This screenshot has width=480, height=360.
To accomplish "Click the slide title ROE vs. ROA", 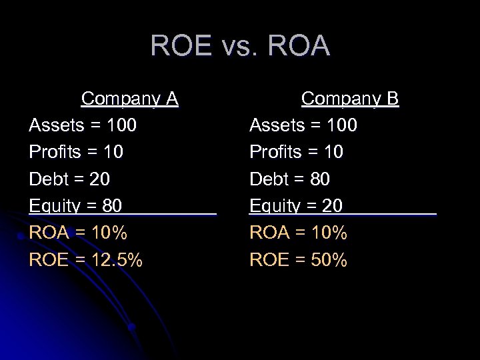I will click(x=240, y=46).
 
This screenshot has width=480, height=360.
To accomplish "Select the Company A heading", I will click(x=129, y=99).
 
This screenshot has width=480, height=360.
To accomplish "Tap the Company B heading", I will click(x=349, y=99).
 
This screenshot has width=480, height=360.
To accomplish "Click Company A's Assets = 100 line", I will click(x=83, y=125).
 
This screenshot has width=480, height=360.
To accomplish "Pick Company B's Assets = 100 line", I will click(x=303, y=125).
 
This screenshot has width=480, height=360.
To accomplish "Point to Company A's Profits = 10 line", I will click(x=76, y=152).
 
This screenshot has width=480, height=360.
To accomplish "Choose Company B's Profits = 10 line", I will click(x=296, y=152).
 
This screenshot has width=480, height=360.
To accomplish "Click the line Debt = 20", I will click(x=69, y=179).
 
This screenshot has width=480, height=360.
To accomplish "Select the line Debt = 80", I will click(x=289, y=179).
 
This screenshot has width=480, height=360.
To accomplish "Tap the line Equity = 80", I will click(x=75, y=206).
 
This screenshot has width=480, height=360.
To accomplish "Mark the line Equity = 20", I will click(x=295, y=206).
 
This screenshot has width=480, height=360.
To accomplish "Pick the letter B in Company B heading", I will click(x=391, y=99).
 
